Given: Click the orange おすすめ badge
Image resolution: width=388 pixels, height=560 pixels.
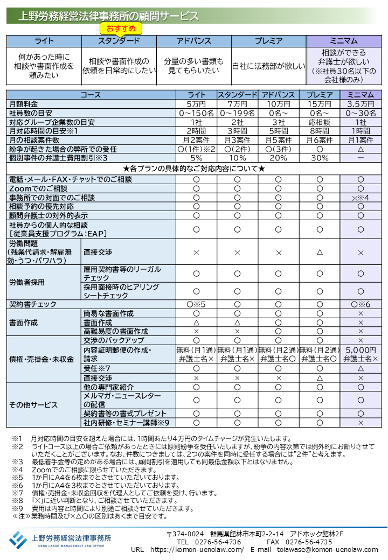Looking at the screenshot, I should (121, 28).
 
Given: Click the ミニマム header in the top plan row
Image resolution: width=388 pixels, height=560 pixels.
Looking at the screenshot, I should (344, 41).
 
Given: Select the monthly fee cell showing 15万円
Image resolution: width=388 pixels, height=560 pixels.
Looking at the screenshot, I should (320, 104).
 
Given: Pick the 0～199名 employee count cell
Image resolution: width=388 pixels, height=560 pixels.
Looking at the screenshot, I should (237, 113).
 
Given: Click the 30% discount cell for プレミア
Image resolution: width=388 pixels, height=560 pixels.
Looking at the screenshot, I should (320, 158).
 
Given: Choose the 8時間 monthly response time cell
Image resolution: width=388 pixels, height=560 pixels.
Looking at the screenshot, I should (320, 131).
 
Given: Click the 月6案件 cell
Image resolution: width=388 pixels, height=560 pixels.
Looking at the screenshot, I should (320, 140).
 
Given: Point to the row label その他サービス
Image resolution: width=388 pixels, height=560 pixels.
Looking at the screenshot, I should (33, 405).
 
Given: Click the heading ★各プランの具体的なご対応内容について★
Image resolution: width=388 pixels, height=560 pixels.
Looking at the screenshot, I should (194, 169).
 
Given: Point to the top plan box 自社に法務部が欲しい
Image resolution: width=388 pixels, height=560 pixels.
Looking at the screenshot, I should (268, 66).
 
